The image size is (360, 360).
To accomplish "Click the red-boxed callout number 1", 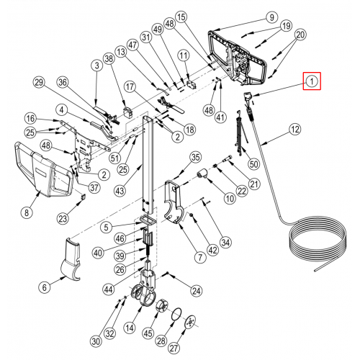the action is [x=312, y=81].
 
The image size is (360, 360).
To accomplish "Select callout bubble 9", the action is [x=271, y=17].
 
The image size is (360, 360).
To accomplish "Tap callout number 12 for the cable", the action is [x=294, y=130].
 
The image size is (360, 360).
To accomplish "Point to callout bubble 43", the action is [x=120, y=191].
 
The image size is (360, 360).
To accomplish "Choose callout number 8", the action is [x=27, y=212].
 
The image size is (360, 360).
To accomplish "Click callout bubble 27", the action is [x=174, y=348].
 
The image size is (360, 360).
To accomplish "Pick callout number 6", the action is [x=45, y=287].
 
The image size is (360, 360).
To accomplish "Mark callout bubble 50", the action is [x=253, y=164].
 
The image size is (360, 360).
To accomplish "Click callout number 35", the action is [x=195, y=158].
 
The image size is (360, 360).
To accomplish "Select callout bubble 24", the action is [x=197, y=291].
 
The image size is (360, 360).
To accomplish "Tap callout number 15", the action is [x=181, y=17].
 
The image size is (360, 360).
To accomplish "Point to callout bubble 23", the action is [x=63, y=219].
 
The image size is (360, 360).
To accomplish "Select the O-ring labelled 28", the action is [x=176, y=315].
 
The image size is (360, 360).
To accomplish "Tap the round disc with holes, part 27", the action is [x=191, y=322].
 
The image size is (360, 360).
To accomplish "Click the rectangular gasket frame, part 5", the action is [x=147, y=220].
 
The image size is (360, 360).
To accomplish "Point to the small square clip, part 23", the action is [x=83, y=197].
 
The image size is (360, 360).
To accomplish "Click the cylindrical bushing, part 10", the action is [x=203, y=174].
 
